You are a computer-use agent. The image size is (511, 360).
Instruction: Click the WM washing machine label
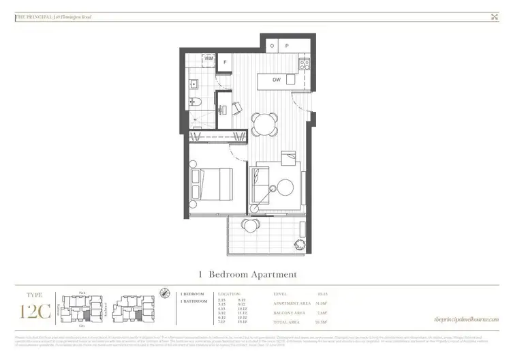click(209, 59)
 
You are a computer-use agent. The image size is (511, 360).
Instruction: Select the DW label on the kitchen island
click(276, 80)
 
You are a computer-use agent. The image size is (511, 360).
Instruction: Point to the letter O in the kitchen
click(272, 46)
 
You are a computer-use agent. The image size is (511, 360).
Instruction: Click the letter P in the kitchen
click(287, 46)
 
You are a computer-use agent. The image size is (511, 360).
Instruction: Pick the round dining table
click(264, 125)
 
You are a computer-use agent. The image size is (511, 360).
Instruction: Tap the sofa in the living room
click(258, 185)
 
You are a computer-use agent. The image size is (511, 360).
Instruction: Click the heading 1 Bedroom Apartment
click(247, 275)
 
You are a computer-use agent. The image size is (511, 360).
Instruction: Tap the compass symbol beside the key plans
click(166, 293)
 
